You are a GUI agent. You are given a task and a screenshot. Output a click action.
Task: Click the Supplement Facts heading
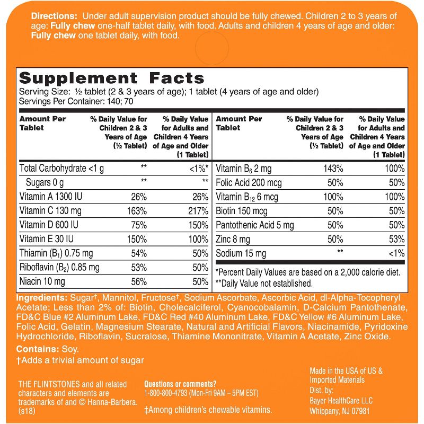coord(111,78)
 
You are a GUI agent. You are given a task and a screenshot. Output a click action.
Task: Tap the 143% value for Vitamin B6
coord(333,169)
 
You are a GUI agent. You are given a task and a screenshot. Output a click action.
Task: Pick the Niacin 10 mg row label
coord(42,281)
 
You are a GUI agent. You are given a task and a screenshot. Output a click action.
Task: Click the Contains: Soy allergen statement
coord(47,349)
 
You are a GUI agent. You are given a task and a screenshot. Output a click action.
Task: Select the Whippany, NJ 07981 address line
coord(339,411)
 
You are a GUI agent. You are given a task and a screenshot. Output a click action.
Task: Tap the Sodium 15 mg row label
coord(241,254)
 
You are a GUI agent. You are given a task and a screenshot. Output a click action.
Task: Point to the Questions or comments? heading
coord(180,384)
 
